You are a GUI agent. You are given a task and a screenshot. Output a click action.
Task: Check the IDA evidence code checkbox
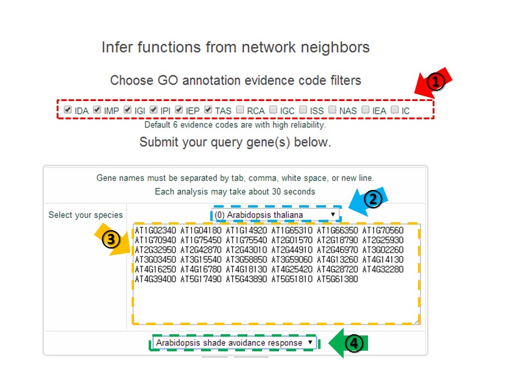click(68, 110)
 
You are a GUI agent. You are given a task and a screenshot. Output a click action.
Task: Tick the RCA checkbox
click(241, 110)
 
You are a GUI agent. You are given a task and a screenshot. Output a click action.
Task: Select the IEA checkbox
click(366, 110)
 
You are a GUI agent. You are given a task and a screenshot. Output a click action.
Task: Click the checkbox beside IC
click(395, 110)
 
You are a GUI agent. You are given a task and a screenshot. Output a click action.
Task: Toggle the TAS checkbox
click(208, 110)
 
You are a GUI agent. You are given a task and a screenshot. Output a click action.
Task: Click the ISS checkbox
click(303, 110)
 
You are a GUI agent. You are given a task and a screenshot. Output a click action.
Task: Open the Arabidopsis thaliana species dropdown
click(275, 215)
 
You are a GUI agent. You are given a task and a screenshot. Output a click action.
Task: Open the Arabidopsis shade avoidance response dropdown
click(234, 343)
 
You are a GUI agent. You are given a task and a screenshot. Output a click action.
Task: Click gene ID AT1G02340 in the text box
click(155, 231)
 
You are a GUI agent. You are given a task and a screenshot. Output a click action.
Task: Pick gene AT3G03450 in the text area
click(155, 260)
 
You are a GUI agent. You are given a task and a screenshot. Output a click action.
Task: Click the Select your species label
click(85, 215)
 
